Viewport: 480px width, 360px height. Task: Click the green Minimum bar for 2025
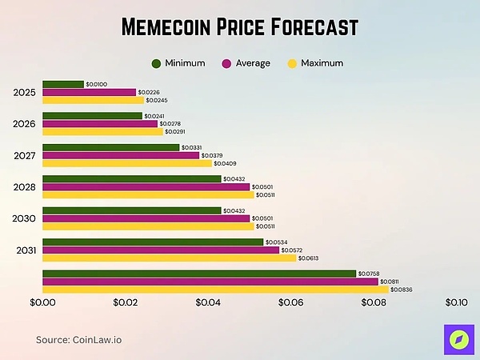pos(62,84)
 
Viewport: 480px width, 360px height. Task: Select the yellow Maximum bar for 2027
pos(126,163)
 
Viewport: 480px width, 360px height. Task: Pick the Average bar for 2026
pos(99,124)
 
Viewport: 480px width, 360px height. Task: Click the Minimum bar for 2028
pos(131,178)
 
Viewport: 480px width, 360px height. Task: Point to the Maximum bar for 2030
pos(147,226)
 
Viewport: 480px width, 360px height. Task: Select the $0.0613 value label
pos(313,258)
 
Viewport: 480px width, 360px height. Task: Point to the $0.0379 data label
pos(212,155)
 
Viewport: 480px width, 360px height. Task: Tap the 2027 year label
pos(24,155)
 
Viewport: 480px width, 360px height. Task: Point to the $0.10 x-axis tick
pos(455,302)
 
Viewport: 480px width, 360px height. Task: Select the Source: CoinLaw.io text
pos(78,340)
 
